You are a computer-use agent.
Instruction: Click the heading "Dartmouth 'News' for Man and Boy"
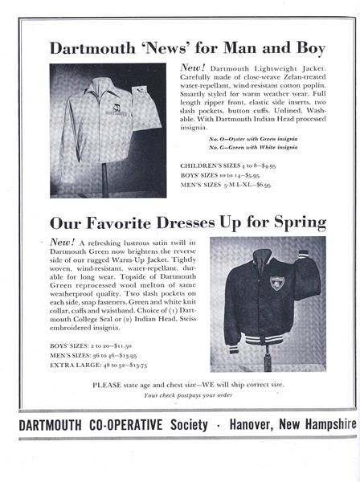181,47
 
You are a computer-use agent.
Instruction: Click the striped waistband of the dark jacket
274,347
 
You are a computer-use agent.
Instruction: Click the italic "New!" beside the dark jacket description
62,241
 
